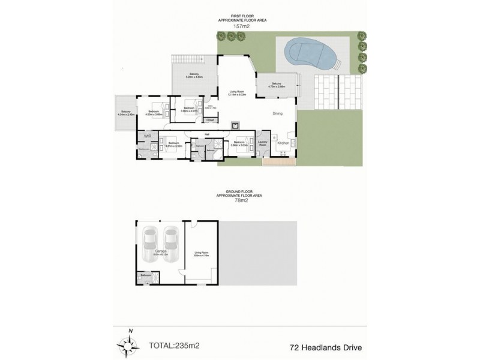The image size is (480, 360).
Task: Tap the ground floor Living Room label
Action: click(x=202, y=253)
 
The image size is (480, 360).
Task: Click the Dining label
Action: click(x=277, y=113)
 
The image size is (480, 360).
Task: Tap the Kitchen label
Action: click(x=283, y=143)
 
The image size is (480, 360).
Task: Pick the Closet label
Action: click(x=209, y=120)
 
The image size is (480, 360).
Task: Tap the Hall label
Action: click(x=206, y=134)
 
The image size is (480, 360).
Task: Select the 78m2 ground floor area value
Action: click(x=241, y=200)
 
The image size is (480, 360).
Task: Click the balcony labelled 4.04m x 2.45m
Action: click(x=125, y=112)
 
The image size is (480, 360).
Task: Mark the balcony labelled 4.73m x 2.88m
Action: click(x=276, y=85)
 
